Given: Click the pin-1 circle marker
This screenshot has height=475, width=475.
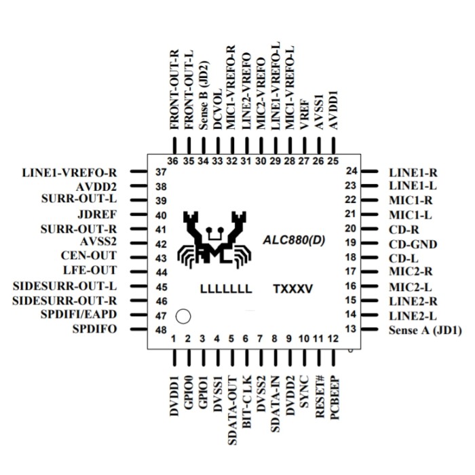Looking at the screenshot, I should click(183, 316).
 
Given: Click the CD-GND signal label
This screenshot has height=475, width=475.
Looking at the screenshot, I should click(413, 244).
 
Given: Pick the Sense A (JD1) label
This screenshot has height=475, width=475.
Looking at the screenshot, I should click(425, 330).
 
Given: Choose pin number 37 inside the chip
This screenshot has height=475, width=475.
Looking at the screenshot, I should click(161, 172).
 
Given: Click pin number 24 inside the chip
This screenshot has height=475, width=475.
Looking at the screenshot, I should click(351, 172).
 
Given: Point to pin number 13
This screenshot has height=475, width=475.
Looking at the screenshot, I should click(351, 329).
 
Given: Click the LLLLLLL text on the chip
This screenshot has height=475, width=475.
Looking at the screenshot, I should click(226, 289).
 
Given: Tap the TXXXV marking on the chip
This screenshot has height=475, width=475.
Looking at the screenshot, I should click(292, 289).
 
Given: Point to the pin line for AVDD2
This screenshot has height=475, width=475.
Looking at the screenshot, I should click(138, 186).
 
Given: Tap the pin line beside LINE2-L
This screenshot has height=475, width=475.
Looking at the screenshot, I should click(369, 315).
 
